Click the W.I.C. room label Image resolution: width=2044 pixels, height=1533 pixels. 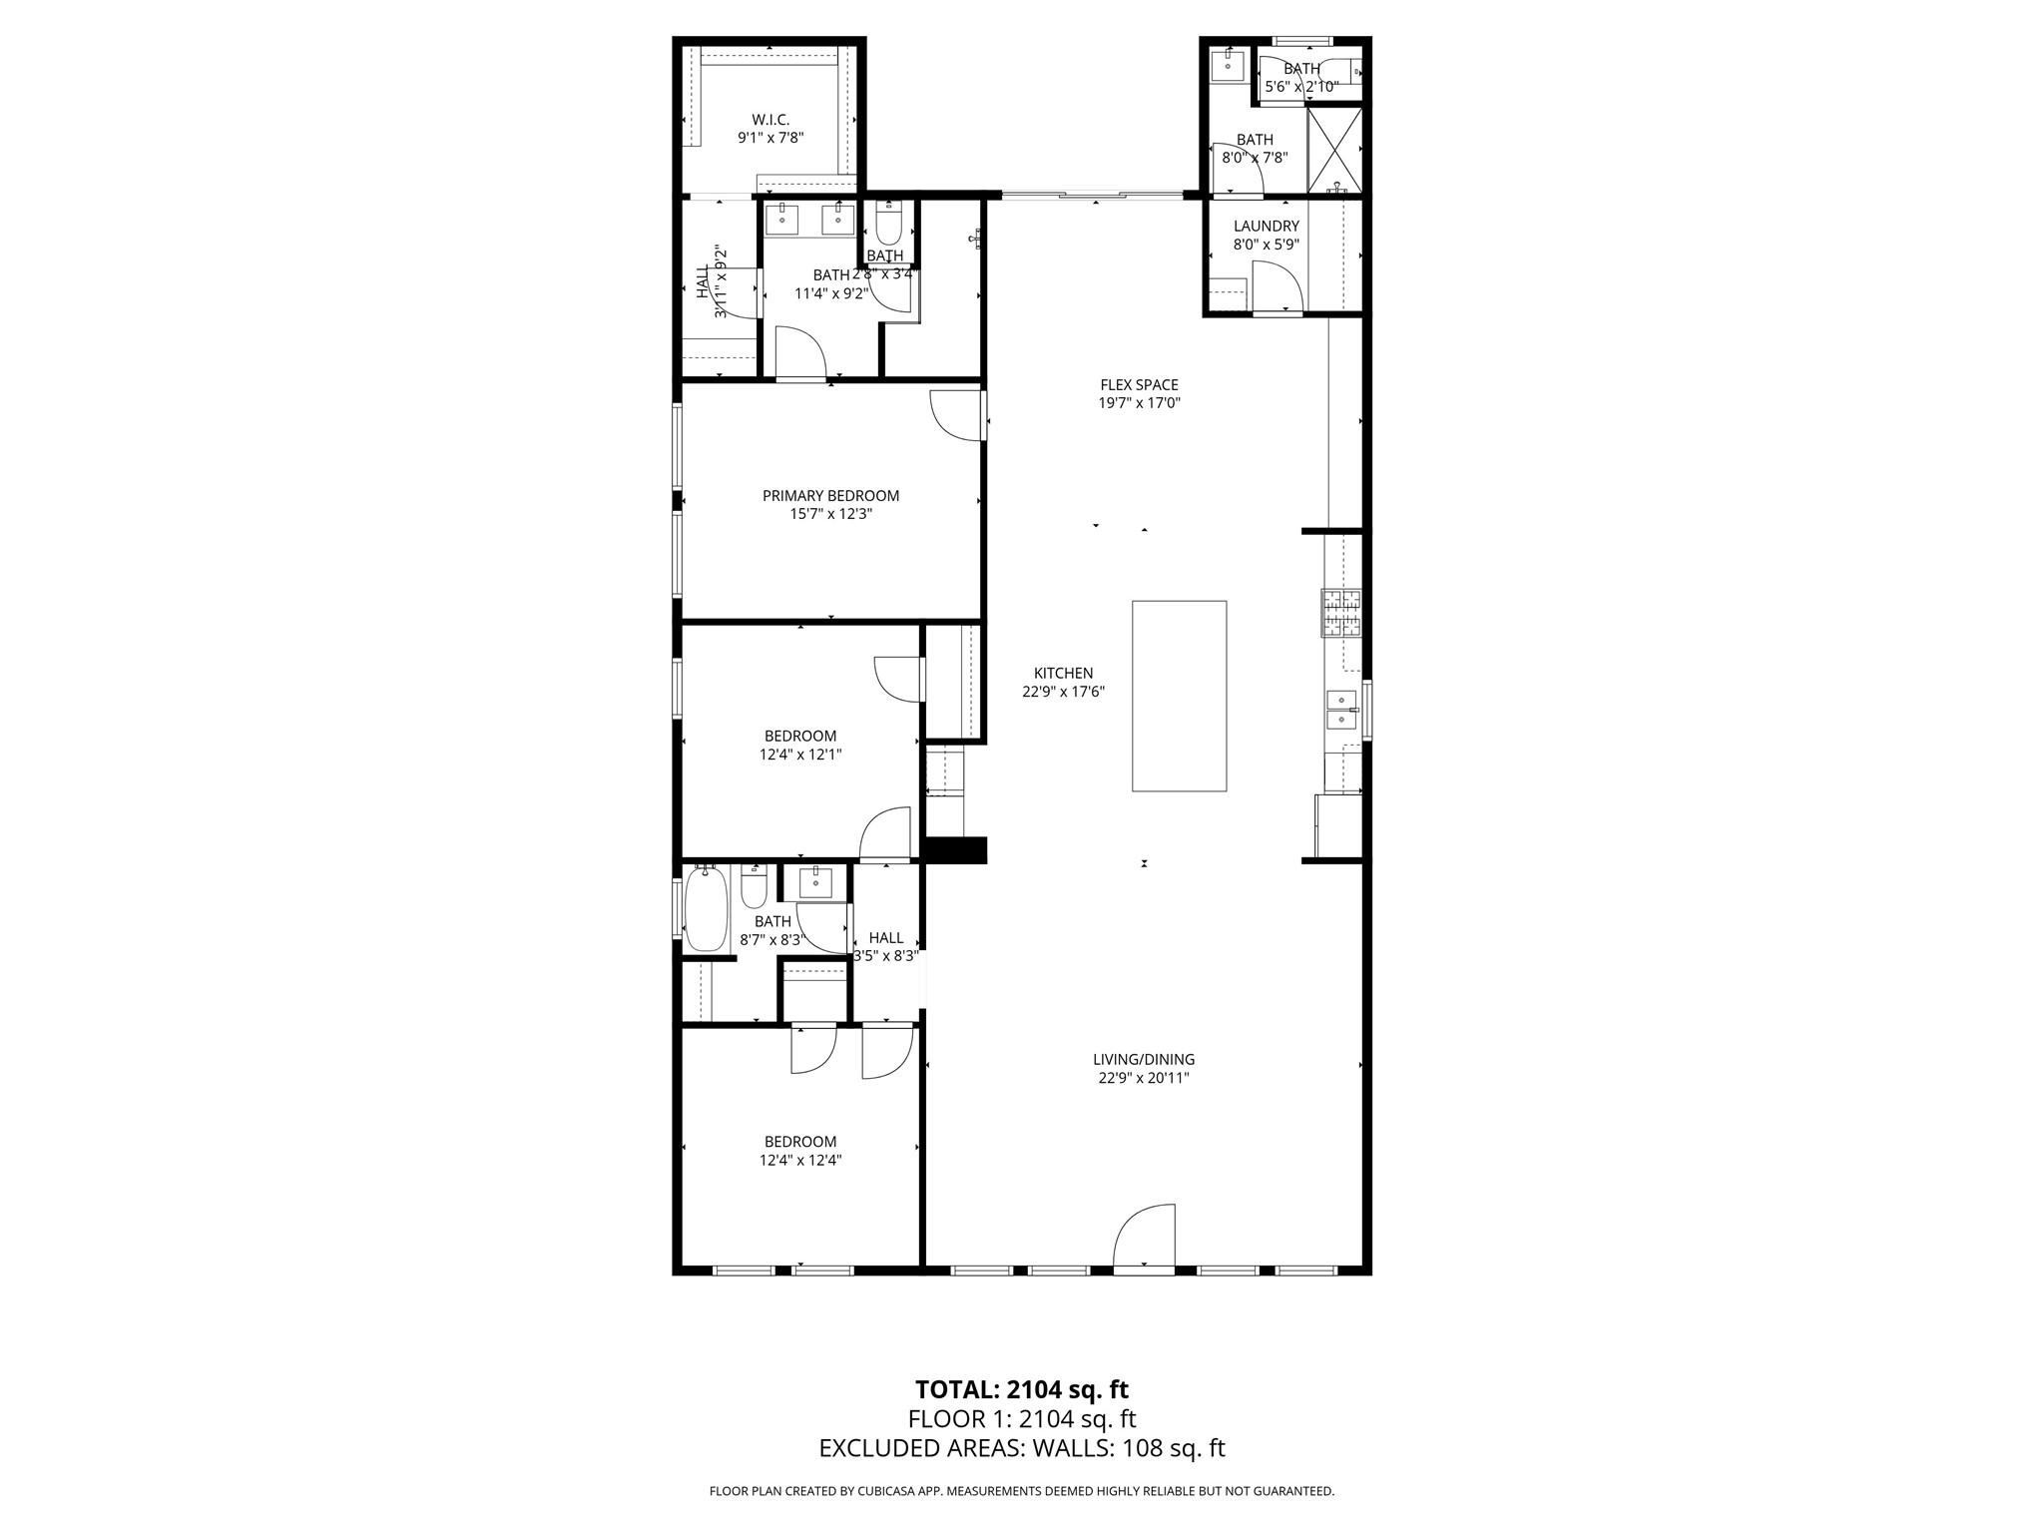coord(770,120)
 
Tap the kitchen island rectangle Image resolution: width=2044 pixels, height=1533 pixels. coord(1179,696)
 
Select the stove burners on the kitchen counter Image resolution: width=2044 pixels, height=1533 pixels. coord(1340,613)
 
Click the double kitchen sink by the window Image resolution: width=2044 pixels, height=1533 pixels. coord(1340,708)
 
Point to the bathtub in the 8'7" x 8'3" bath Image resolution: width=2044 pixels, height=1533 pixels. coord(707,909)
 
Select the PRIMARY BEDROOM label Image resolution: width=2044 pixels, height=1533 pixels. coord(830,496)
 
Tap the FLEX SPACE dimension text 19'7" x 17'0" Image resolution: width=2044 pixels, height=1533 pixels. coord(1139,403)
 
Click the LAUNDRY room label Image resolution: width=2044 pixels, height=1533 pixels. coord(1266,227)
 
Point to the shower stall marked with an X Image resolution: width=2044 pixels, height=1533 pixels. coord(1334,149)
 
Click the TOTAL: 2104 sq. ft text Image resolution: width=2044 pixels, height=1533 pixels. coord(1021,1389)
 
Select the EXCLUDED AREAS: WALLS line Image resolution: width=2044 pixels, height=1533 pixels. coord(1021,1448)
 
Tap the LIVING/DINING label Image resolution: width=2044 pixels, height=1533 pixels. coord(1143,1060)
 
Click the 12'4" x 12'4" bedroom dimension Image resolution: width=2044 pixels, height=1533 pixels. coord(800,1160)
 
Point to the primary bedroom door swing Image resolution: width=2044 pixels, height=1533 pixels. coord(956,415)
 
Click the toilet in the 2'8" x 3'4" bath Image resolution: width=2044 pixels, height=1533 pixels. coord(888,226)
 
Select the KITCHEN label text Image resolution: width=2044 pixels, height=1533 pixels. coord(1063,674)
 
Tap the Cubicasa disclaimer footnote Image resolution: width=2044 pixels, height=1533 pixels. coord(1021,1491)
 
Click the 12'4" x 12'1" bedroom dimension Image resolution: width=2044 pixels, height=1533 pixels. coord(800,755)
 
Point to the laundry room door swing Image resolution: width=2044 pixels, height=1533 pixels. coord(1278,287)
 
